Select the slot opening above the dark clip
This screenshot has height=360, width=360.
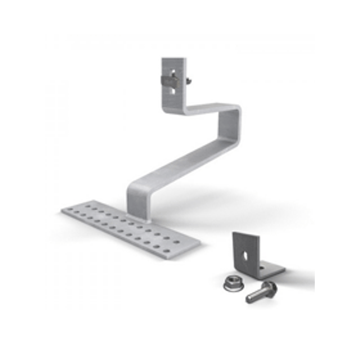coord(174,71)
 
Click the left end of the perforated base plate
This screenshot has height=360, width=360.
coord(70,210)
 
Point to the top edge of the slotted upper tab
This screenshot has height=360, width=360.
coord(172,59)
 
